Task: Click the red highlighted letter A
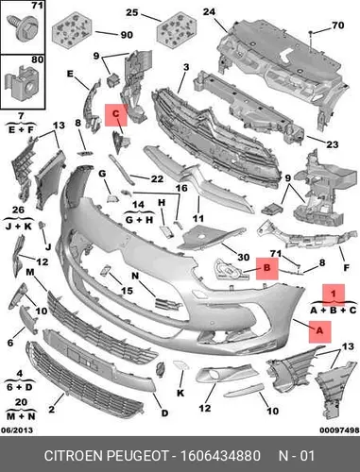coord(319,331)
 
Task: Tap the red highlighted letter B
coord(266,268)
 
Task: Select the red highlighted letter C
coord(116,113)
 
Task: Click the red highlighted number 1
coord(334,294)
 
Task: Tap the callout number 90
coord(127,35)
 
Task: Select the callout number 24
coord(209,12)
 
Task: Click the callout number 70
coord(337,25)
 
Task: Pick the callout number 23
coord(332,144)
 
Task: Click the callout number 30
coord(243,258)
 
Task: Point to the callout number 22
coord(157,179)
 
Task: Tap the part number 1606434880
coord(220,456)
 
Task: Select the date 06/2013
coord(17,430)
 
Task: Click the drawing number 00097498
coord(339,430)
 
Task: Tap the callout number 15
coord(127,291)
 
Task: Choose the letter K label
coord(180,393)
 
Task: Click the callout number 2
coord(51,409)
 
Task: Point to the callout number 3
coord(186,67)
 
